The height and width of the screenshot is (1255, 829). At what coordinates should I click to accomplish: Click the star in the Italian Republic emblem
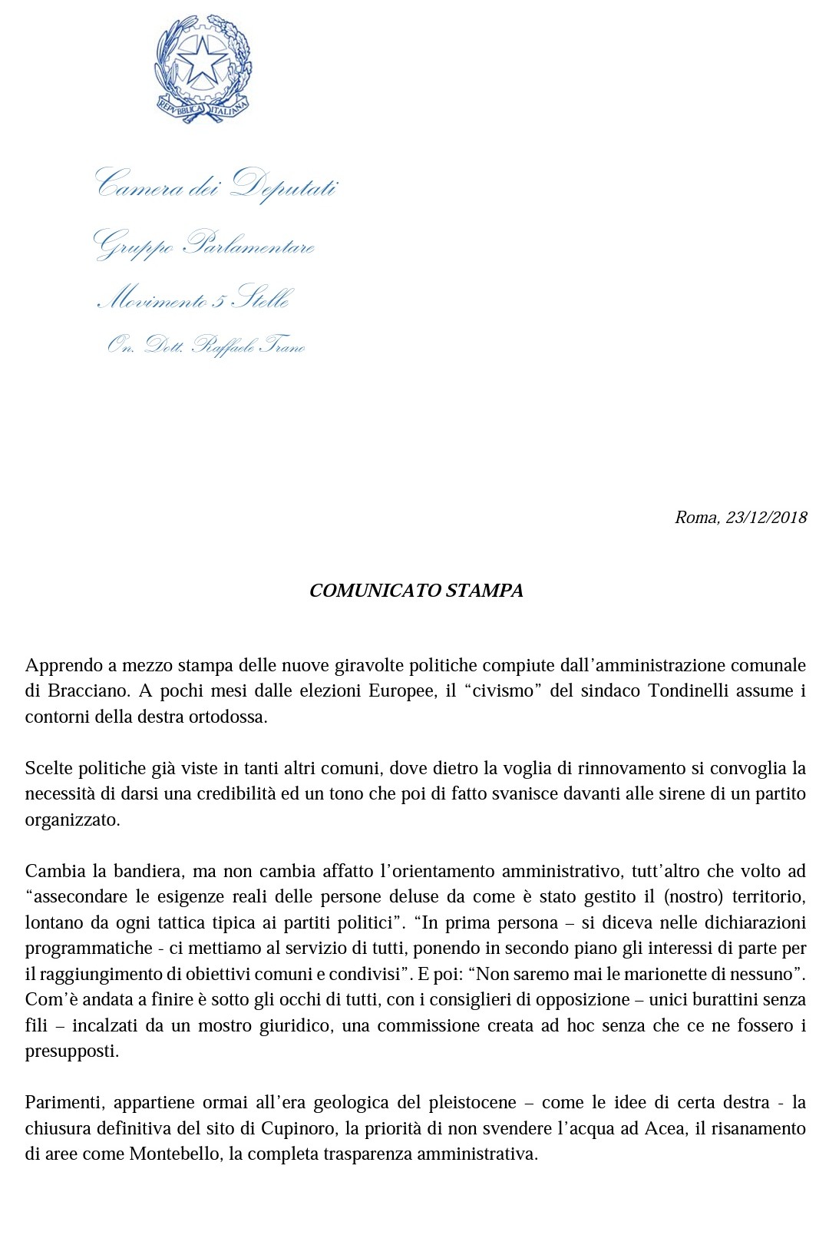(x=203, y=61)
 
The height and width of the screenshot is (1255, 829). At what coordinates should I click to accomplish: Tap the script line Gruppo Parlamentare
(x=204, y=244)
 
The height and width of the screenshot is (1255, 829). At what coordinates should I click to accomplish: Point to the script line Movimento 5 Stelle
(x=193, y=298)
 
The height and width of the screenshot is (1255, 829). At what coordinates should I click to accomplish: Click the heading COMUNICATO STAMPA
(x=416, y=591)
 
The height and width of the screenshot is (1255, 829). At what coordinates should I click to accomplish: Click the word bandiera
(x=147, y=871)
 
